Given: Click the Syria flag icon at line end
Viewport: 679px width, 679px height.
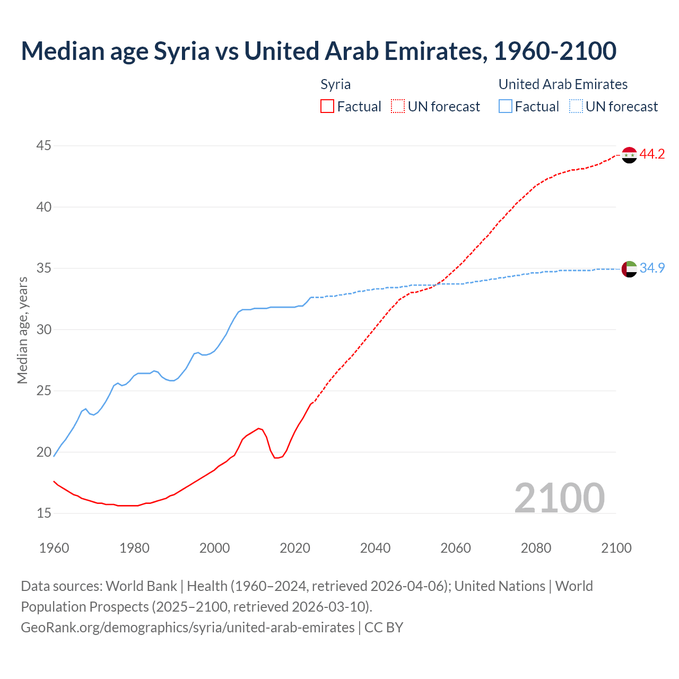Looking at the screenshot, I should [629, 155].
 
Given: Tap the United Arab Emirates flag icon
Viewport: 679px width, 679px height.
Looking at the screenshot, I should [629, 269].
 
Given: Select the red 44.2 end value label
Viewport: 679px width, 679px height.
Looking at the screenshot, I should [652, 154].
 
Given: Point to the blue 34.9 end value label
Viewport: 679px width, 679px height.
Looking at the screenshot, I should [652, 268].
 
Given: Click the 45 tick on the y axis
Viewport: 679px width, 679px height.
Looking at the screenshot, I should [44, 145].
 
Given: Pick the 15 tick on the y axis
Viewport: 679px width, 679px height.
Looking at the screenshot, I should [44, 513].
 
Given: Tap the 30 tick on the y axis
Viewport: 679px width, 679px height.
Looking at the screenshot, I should [44, 329].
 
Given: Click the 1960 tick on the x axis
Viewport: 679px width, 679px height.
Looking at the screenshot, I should [54, 548].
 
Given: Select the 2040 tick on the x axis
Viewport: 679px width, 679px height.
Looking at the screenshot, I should [375, 548].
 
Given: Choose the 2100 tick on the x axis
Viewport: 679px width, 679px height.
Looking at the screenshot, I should [616, 548].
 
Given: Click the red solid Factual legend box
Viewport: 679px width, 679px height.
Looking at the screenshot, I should [327, 107].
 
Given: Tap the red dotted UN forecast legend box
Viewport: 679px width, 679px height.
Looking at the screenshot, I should [398, 107].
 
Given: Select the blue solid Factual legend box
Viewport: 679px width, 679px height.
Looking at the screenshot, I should [506, 107].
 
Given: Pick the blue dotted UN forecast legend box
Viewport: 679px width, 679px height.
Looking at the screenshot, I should [576, 107].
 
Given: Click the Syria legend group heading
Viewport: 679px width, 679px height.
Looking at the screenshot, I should [335, 85].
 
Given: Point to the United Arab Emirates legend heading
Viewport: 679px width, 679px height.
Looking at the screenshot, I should [563, 85].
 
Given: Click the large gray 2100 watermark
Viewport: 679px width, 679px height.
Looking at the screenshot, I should [559, 498].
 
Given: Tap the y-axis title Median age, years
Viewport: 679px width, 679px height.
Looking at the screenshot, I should [22, 330].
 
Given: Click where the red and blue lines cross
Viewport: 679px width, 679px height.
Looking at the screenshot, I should [436, 284].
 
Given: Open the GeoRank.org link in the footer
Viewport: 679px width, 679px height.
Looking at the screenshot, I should [187, 628].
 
